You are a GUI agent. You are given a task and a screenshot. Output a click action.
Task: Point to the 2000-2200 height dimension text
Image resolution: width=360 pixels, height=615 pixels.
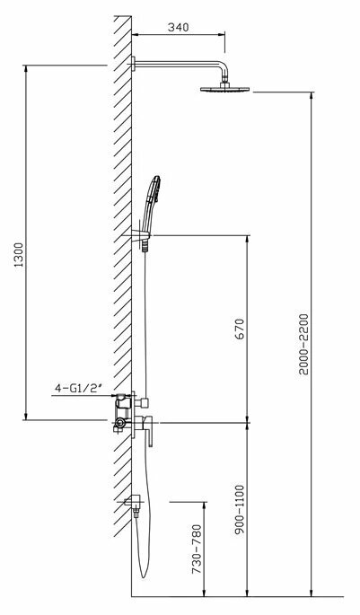tap(304, 343)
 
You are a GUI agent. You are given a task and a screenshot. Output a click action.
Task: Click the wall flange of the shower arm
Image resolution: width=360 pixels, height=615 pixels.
tap(134, 63)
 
